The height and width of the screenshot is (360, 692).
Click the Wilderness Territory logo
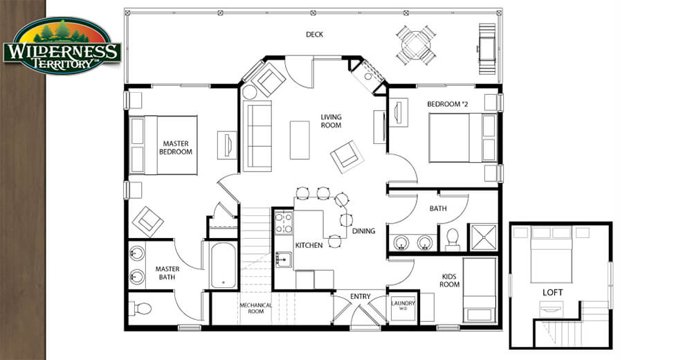click(62, 46)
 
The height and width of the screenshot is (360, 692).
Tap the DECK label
click(315, 34)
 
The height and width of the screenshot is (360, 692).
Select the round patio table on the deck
click(416, 45)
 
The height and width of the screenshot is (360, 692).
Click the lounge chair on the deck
click(487, 49)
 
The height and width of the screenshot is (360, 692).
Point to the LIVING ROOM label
click(331, 121)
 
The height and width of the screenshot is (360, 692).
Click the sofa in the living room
click(257, 136)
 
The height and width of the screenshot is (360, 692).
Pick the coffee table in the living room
click(300, 140)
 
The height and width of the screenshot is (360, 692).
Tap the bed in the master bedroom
click(163, 145)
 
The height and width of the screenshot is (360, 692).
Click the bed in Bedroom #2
click(463, 138)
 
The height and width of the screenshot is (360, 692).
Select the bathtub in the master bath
click(223, 265)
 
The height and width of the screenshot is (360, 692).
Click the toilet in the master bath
click(140, 308)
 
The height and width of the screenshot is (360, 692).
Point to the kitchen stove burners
click(284, 223)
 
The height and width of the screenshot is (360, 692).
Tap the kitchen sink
click(283, 260)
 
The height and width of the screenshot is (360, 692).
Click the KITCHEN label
click(309, 245)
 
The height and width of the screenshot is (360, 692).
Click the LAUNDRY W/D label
click(403, 305)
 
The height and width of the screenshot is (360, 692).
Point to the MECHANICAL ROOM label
click(255, 308)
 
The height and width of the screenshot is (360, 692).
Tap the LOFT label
click(552, 292)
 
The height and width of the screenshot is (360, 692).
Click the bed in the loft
click(552, 255)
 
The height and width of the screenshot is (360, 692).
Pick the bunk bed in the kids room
click(480, 290)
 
